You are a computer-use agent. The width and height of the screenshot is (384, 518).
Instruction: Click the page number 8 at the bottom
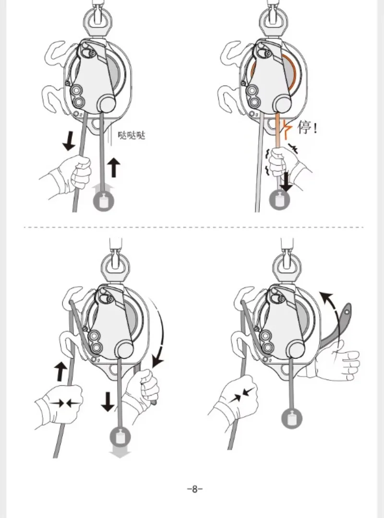(194, 489)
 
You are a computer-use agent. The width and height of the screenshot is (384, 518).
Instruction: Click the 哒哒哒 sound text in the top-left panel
(132, 135)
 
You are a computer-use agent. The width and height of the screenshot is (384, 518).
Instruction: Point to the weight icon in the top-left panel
(104, 201)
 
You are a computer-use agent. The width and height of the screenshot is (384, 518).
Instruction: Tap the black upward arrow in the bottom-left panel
(60, 372)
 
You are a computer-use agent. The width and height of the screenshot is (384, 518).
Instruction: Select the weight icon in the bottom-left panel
(120, 436)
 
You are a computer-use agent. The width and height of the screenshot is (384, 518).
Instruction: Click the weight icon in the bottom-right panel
(292, 418)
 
